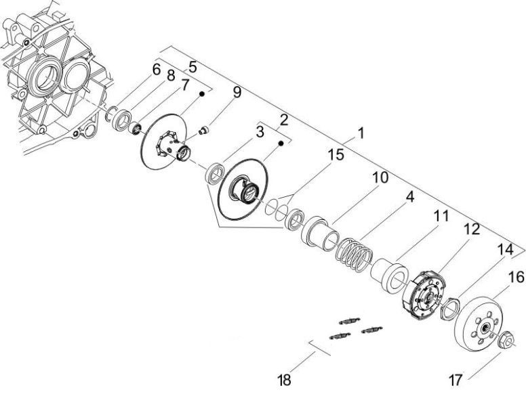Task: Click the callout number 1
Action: pyautogui.click(x=360, y=133)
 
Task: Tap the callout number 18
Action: pyautogui.click(x=284, y=379)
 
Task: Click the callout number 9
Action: pyautogui.click(x=237, y=93)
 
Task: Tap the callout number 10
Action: pyautogui.click(x=380, y=178)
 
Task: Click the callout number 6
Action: pyautogui.click(x=156, y=69)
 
